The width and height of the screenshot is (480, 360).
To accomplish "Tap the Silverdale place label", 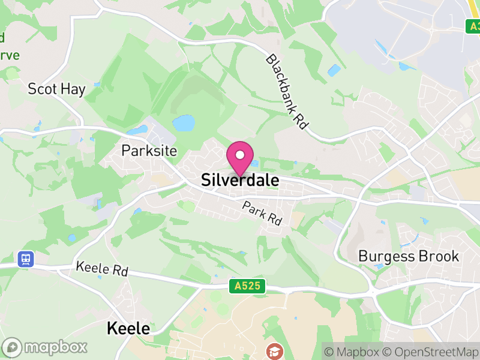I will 240,180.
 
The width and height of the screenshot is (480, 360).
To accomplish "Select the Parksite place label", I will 149,150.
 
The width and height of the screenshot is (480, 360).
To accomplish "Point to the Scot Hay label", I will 56,89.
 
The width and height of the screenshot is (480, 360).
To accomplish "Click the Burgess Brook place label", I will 408,256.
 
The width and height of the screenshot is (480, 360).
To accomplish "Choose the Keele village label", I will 128,328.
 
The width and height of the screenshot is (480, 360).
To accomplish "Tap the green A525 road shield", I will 247,286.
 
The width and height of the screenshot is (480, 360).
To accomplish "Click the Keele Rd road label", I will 102,269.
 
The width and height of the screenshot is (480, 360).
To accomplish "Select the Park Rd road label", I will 262,213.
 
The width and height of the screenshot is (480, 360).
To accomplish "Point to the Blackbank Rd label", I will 287,92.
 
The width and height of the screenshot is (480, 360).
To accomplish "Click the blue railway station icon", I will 26,259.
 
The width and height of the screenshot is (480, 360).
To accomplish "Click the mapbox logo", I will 45,347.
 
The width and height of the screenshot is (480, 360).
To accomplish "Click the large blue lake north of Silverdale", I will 184,124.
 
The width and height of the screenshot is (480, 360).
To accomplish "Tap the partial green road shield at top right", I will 473,26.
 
